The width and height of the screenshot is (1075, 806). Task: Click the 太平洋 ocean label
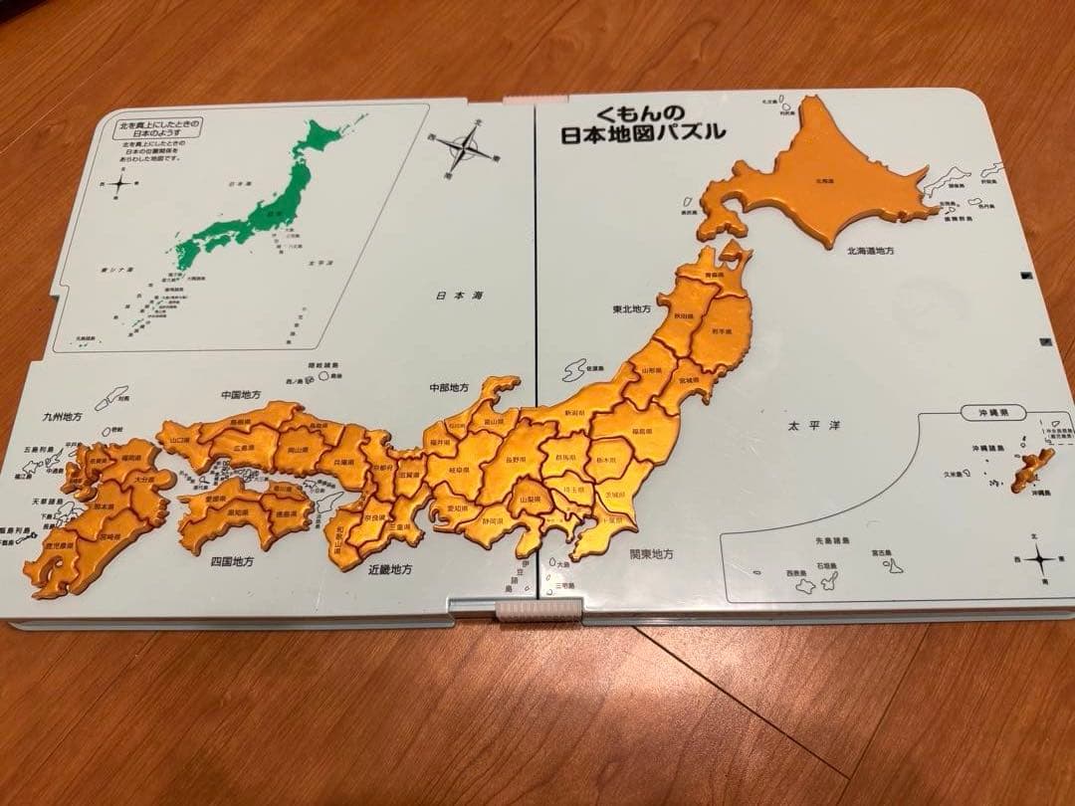[x=814, y=426]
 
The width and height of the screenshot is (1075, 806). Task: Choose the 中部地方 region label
[x=448, y=386]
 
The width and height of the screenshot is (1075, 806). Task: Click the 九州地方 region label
[x=61, y=416]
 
